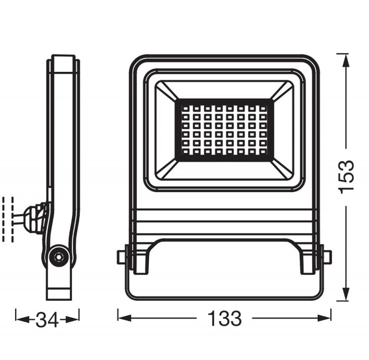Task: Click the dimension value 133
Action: [225, 318]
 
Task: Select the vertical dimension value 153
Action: [347, 177]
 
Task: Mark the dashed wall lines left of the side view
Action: [8, 218]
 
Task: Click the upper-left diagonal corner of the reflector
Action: [166, 90]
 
